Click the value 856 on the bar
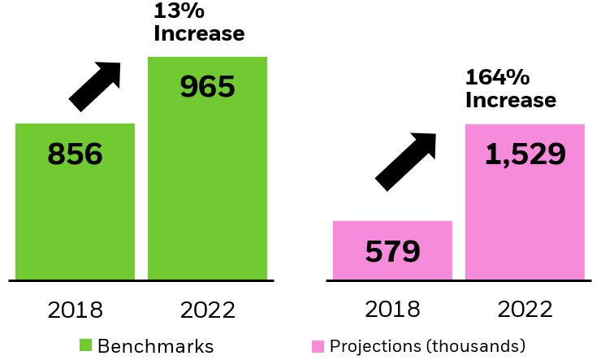point(75,154)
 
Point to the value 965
point(207,87)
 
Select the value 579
point(392,251)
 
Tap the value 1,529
point(525,154)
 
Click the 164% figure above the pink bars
point(497,79)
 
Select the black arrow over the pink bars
point(405,162)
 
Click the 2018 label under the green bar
point(75,310)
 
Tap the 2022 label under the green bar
point(207,310)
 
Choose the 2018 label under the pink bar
point(392,310)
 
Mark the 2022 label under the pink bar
point(525,310)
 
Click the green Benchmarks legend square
point(86,345)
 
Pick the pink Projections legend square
point(318,345)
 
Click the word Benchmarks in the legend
point(155,346)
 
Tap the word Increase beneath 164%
point(510,101)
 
